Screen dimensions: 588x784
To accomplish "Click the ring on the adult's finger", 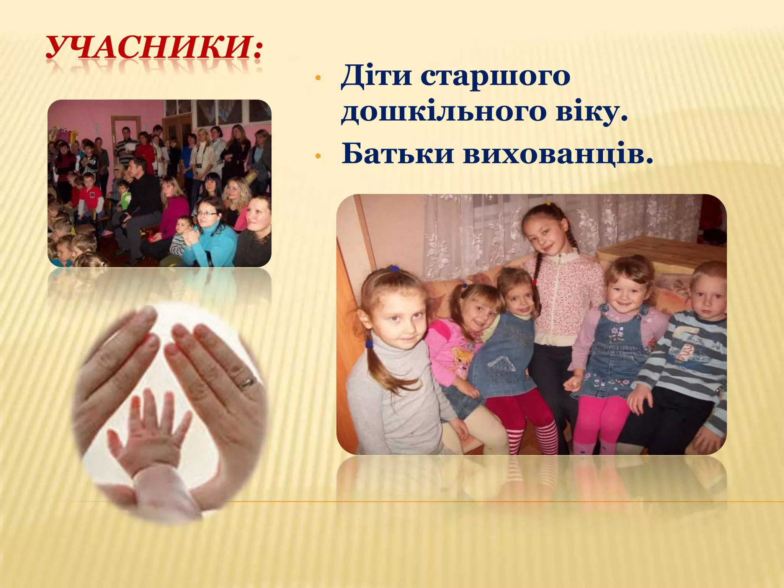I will (247, 381).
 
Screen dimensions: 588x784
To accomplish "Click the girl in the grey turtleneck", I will (394, 364).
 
